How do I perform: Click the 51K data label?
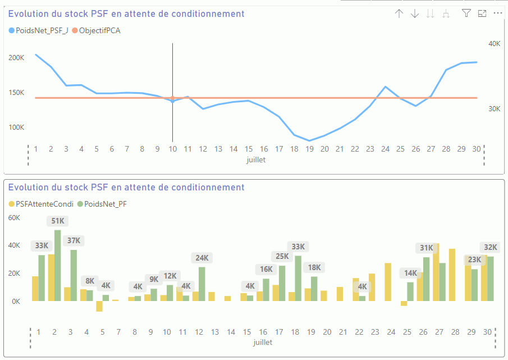pos(58,221)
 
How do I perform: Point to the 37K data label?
pos(74,240)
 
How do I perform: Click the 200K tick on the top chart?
pos(16,57)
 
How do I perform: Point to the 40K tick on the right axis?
pos(494,43)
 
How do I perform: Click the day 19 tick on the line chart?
pos(309,149)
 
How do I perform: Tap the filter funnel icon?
pos(466,13)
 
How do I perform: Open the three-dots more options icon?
pos(497,13)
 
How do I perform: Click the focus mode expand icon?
pos(482,13)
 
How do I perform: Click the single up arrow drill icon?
pos(399,13)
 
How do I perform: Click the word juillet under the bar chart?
pos(263,341)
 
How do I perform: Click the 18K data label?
pos(315,267)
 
